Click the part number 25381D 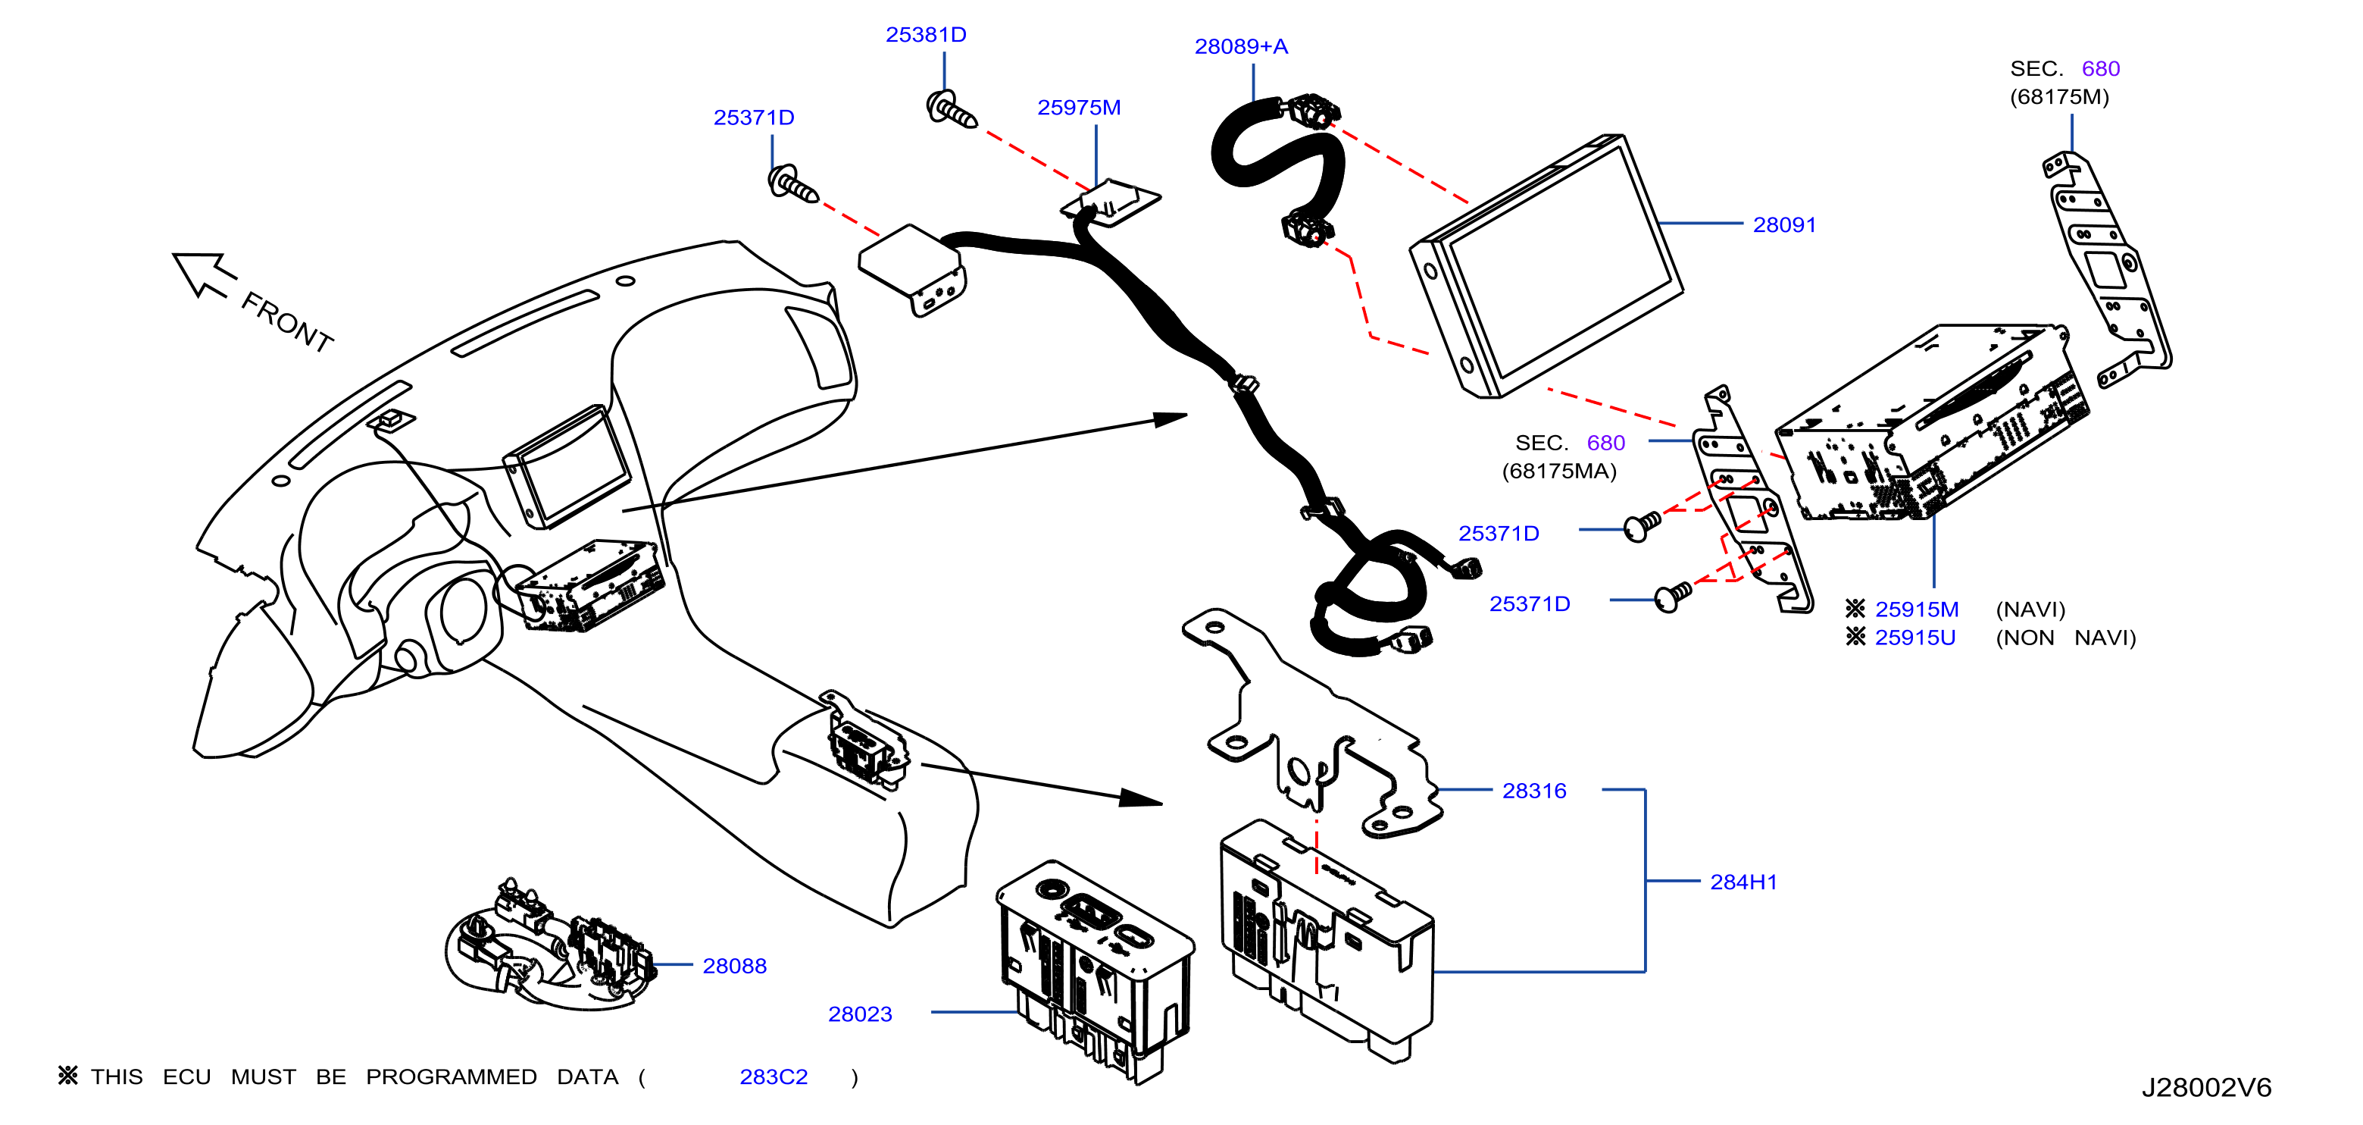(x=926, y=35)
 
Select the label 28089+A (x=1241, y=47)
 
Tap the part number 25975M (x=1079, y=108)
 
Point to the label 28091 (x=1784, y=225)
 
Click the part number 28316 (x=1533, y=791)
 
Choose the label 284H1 (x=1743, y=882)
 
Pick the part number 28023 (x=860, y=1014)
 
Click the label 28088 (x=734, y=967)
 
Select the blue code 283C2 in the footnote (x=774, y=1077)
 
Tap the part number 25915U (x=1915, y=638)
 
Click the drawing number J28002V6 (x=2206, y=1089)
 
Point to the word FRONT (x=287, y=322)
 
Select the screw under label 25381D (x=952, y=111)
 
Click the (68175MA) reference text (x=1558, y=472)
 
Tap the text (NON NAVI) (x=2066, y=638)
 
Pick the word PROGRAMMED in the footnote (x=452, y=1077)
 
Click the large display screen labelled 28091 (x=1546, y=266)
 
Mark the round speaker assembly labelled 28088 (x=550, y=945)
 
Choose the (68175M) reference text (x=2059, y=97)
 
